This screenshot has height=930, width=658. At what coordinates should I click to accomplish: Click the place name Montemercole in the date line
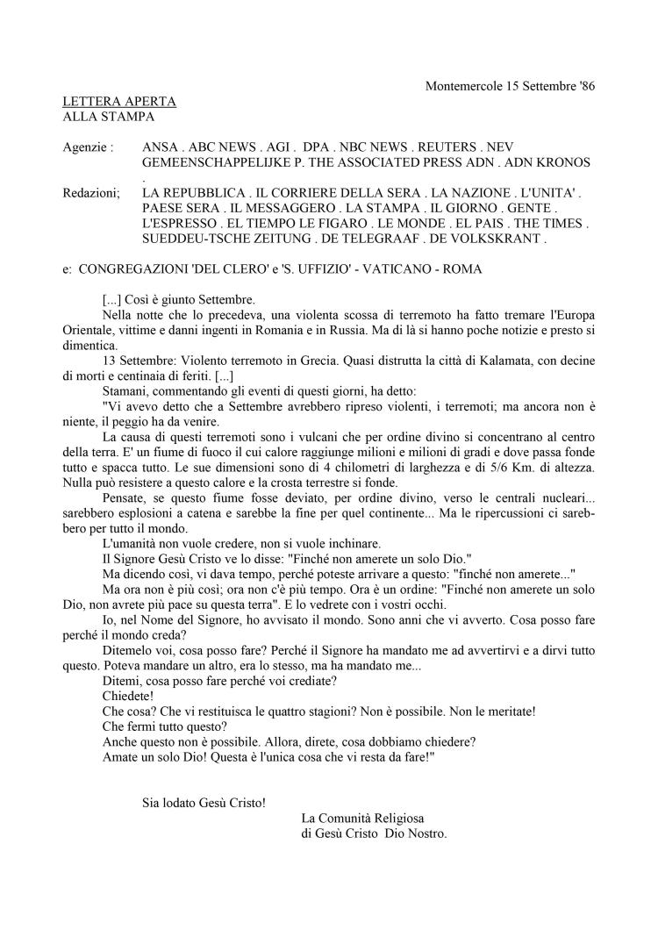coord(463,86)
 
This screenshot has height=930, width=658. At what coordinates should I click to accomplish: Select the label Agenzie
coord(89,147)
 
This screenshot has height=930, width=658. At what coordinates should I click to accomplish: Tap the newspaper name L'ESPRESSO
coord(179,223)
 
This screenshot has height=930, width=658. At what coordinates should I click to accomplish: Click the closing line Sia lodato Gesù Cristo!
coord(204,801)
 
